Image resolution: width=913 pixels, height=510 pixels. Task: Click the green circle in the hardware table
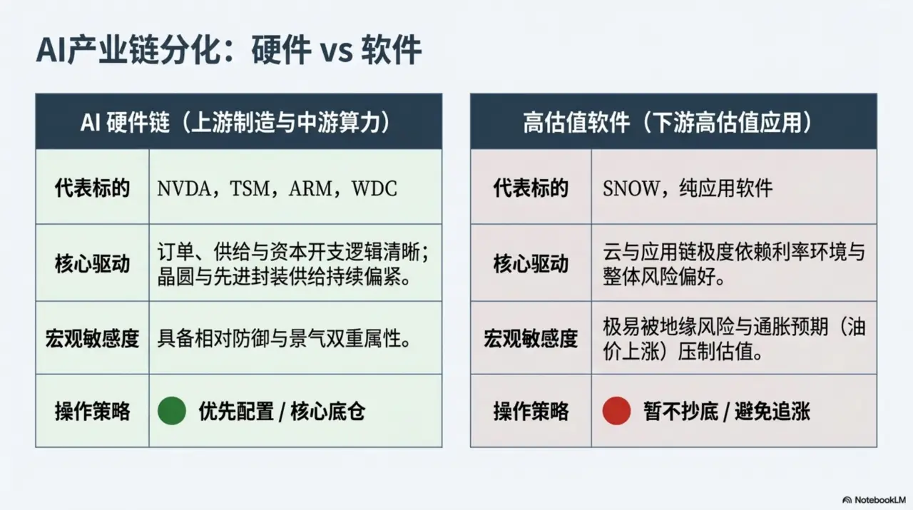tap(172, 411)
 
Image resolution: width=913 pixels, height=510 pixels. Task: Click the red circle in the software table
tap(616, 411)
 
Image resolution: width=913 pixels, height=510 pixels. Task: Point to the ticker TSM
tap(250, 189)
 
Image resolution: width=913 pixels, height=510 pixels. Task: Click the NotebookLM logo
tap(874, 499)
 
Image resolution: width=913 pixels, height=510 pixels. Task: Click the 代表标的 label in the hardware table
tap(92, 188)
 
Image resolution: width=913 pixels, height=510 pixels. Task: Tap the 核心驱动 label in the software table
tap(531, 264)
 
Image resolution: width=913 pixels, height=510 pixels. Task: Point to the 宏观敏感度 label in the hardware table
tap(92, 338)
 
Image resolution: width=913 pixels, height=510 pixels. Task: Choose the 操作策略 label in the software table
tap(531, 411)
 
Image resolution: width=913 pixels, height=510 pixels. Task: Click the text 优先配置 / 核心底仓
tap(282, 412)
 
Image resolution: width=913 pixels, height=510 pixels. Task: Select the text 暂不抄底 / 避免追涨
tap(726, 412)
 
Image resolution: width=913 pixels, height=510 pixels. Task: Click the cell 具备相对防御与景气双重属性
tap(284, 338)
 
